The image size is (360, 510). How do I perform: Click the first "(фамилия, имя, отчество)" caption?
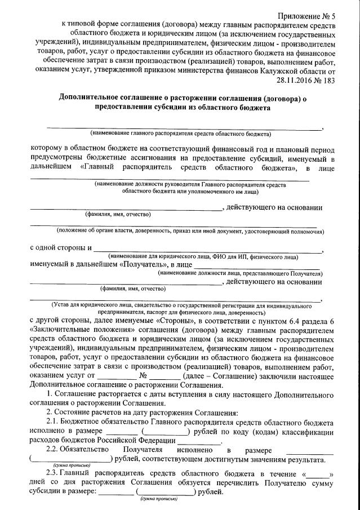tap(117, 215)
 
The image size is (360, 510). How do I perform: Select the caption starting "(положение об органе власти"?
tap(190, 230)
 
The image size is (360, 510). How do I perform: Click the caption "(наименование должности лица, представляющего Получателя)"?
tap(239, 272)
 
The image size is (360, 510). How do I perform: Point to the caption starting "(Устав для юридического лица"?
tap(181, 305)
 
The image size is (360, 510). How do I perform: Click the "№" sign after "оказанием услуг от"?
tap(159, 376)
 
